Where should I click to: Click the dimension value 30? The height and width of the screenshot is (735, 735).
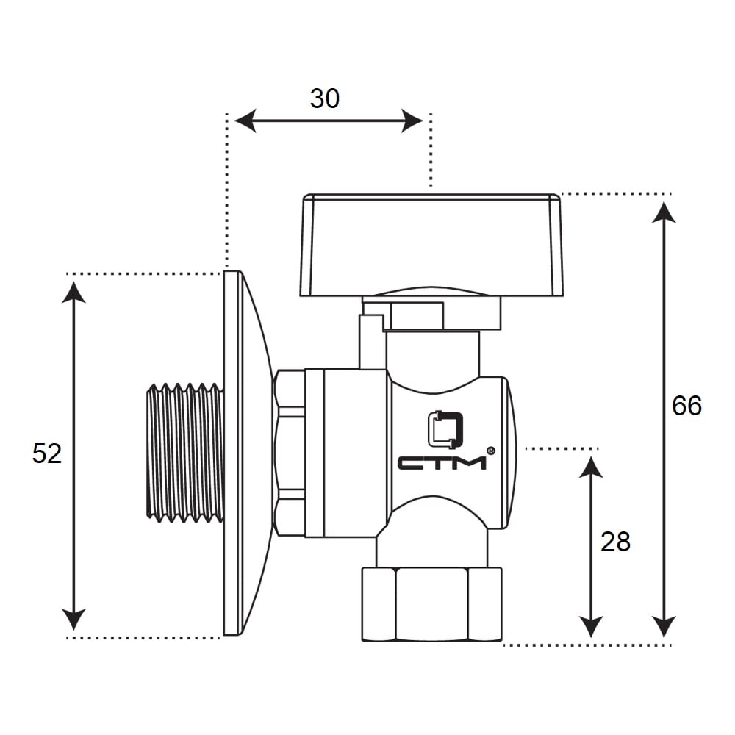324,99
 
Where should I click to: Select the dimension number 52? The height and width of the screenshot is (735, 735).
47,453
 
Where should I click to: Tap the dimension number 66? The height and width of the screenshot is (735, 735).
686,406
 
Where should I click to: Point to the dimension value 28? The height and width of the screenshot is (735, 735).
615,542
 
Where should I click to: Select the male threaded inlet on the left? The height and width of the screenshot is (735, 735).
185,453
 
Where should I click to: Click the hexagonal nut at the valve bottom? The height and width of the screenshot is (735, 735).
431,604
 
